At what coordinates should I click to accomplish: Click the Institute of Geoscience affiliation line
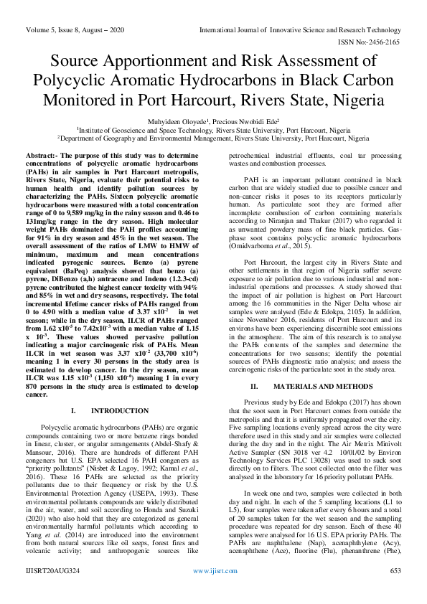point(214,131)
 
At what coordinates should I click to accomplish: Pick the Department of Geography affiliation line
point(214,138)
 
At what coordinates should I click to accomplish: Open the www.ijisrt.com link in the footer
point(213,592)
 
